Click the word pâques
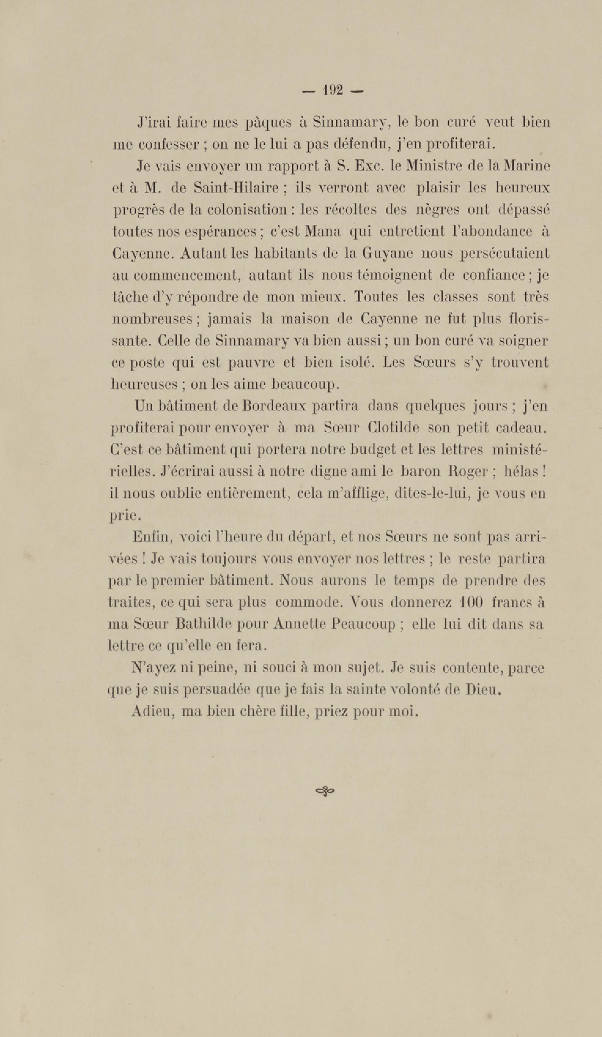268,123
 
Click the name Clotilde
393,428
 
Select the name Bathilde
204,625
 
